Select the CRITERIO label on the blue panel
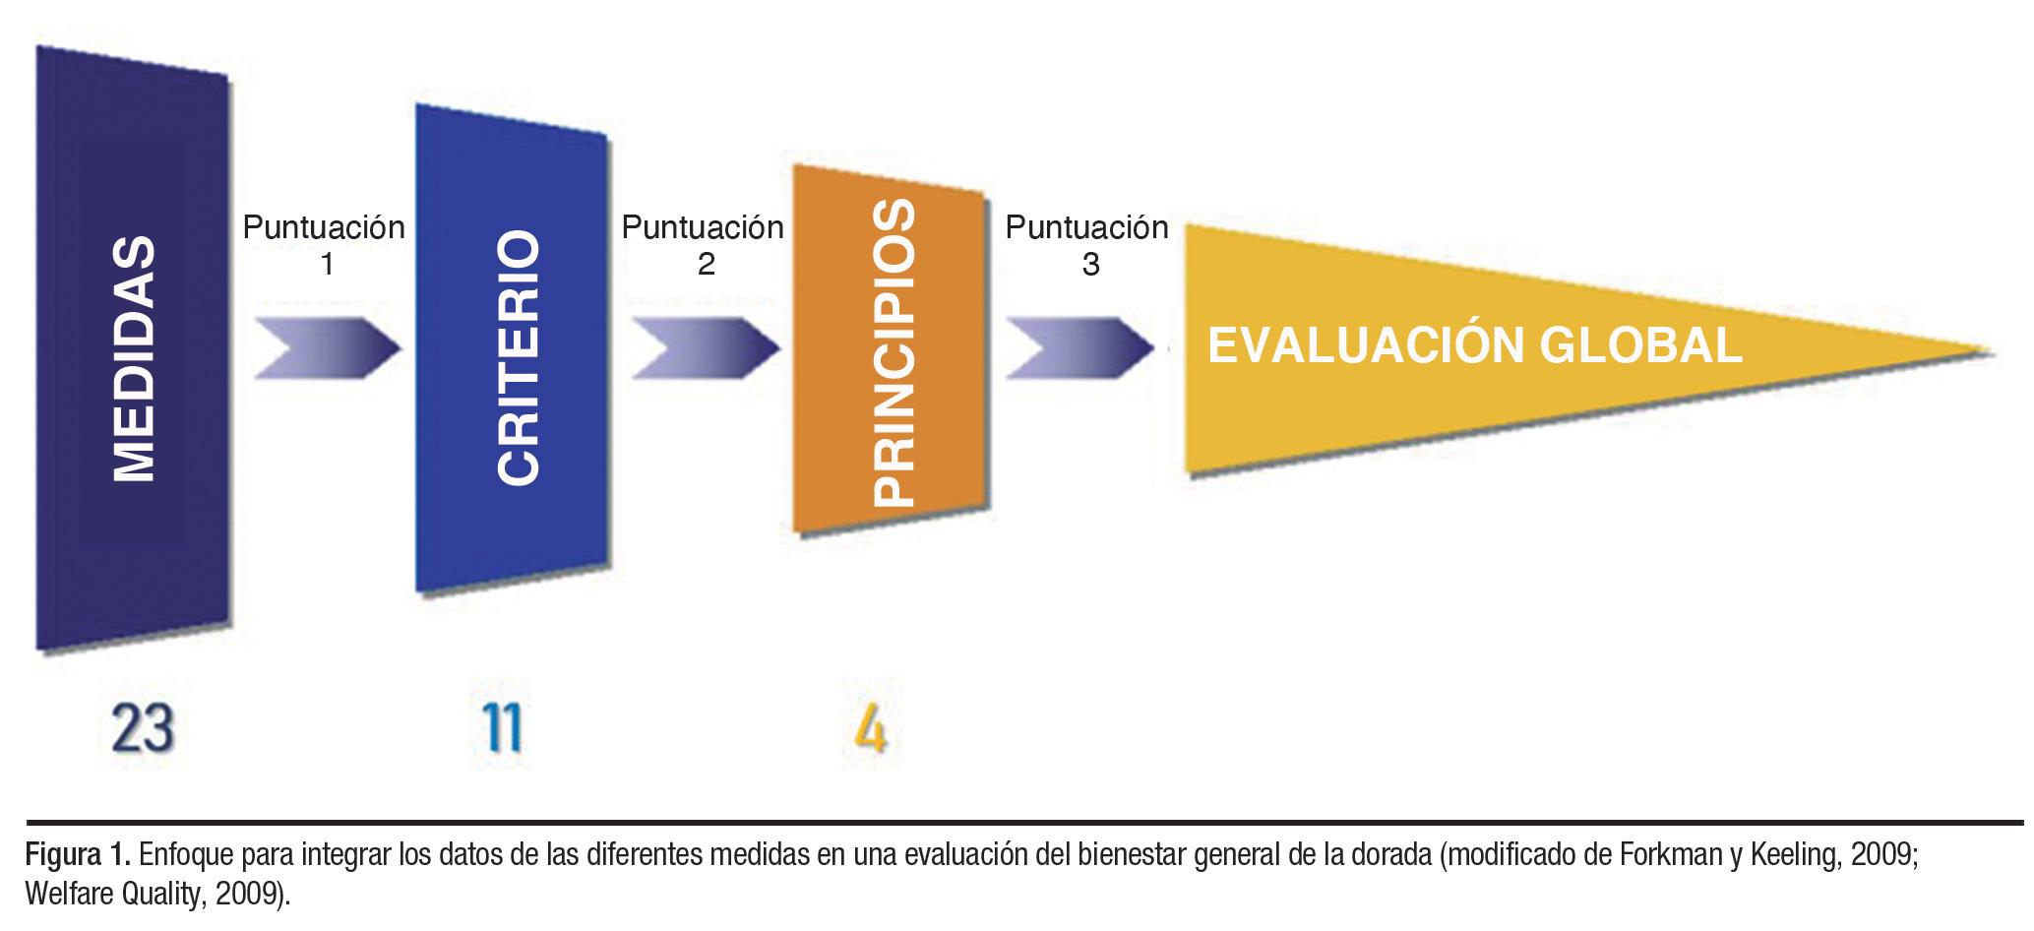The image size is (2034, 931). click(x=518, y=357)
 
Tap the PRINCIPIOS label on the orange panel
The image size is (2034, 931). click(x=894, y=354)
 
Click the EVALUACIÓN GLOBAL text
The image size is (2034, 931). click(x=1474, y=346)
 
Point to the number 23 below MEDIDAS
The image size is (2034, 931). click(x=144, y=730)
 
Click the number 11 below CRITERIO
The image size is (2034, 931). click(x=504, y=730)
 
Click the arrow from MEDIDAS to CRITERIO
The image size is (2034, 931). click(x=327, y=347)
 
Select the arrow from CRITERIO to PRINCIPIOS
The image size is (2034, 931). click(x=705, y=347)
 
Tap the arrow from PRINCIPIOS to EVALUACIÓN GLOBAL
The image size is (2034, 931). click(x=1079, y=347)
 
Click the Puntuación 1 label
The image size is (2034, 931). click(x=325, y=245)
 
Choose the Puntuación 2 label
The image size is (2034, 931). click(x=703, y=245)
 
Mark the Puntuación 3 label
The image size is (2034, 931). click(x=1087, y=245)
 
